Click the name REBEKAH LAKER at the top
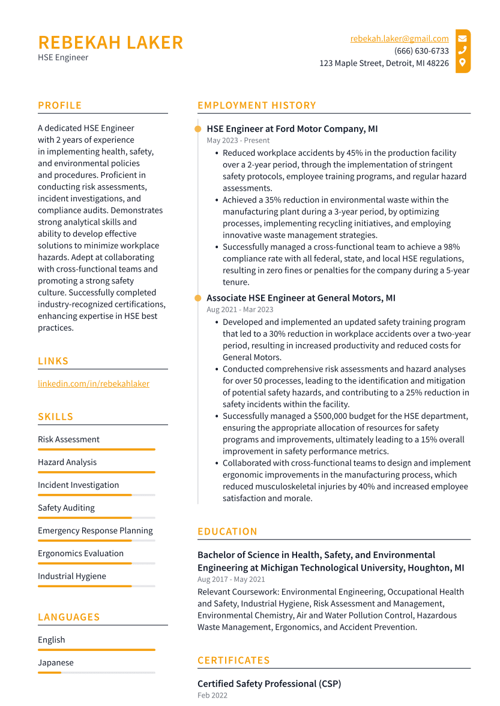tap(110, 43)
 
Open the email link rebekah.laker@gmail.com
tap(399, 38)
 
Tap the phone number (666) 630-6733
tap(421, 51)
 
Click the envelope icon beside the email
tap(462, 38)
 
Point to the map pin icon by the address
tap(462, 63)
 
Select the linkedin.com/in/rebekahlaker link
tap(94, 384)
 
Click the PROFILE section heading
tap(59, 105)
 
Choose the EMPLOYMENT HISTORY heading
tap(256, 105)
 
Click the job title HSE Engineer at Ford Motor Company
tap(292, 129)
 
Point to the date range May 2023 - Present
tap(238, 140)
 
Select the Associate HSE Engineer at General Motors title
tap(301, 298)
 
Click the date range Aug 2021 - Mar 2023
tap(239, 309)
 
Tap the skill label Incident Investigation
tap(78, 485)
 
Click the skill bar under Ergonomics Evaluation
tap(96, 563)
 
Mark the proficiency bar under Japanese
tap(96, 672)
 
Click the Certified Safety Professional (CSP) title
tap(269, 684)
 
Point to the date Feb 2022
tap(212, 695)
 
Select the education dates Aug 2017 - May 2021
tap(231, 580)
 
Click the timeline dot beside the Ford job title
tap(198, 129)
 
